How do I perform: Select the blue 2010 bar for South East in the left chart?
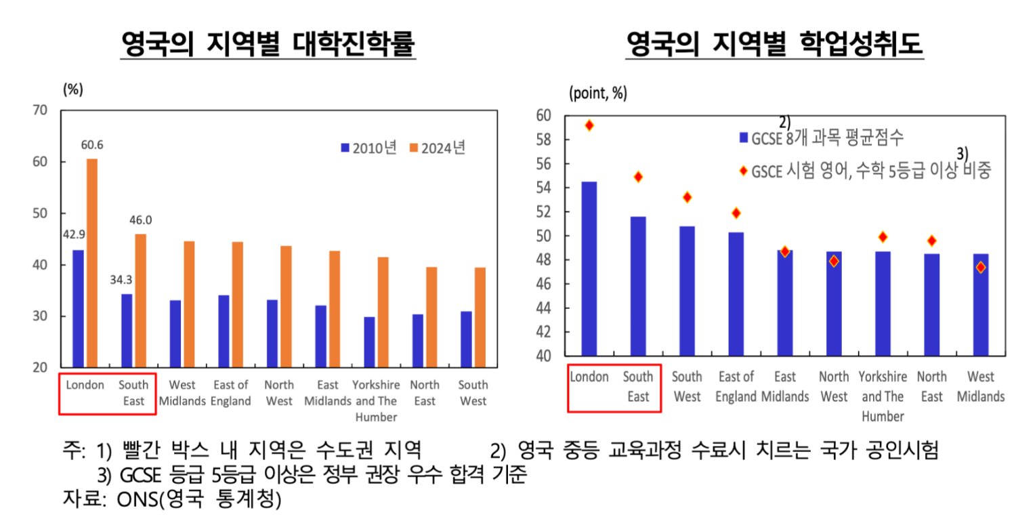pyautogui.click(x=127, y=331)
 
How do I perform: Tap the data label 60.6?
pyautogui.click(x=91, y=145)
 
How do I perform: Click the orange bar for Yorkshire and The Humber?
pyautogui.click(x=384, y=312)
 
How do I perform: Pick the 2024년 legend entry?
pyautogui.click(x=438, y=148)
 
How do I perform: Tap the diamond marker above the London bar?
pyautogui.click(x=589, y=125)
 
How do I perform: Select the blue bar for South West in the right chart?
pyautogui.click(x=687, y=291)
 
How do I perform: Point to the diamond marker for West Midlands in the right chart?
pyautogui.click(x=980, y=267)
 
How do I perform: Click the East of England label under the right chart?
pyautogui.click(x=736, y=386)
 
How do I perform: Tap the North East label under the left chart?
pyautogui.click(x=425, y=393)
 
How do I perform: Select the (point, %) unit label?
pyautogui.click(x=598, y=93)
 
